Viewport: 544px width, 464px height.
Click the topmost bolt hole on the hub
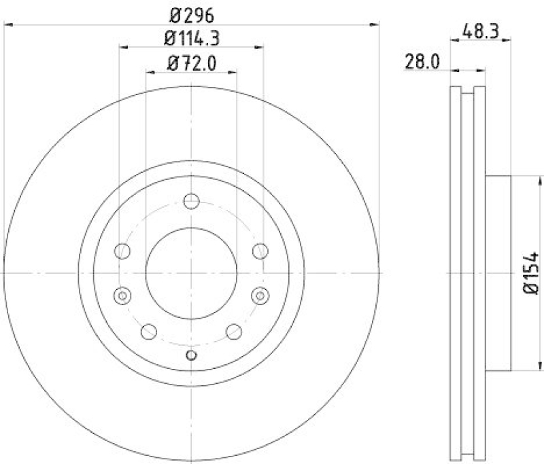click(x=191, y=201)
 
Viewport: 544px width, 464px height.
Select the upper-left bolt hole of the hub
click(x=123, y=251)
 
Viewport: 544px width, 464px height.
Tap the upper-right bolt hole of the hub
click(x=259, y=251)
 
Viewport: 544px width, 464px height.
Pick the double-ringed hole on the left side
click(x=122, y=296)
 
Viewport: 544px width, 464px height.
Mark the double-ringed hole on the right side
click(x=260, y=296)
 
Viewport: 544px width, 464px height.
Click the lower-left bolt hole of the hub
click(x=148, y=332)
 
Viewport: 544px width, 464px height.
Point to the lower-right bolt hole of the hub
click(x=234, y=332)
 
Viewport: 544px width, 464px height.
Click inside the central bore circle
click(x=191, y=272)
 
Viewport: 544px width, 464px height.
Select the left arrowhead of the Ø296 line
click(x=8, y=25)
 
